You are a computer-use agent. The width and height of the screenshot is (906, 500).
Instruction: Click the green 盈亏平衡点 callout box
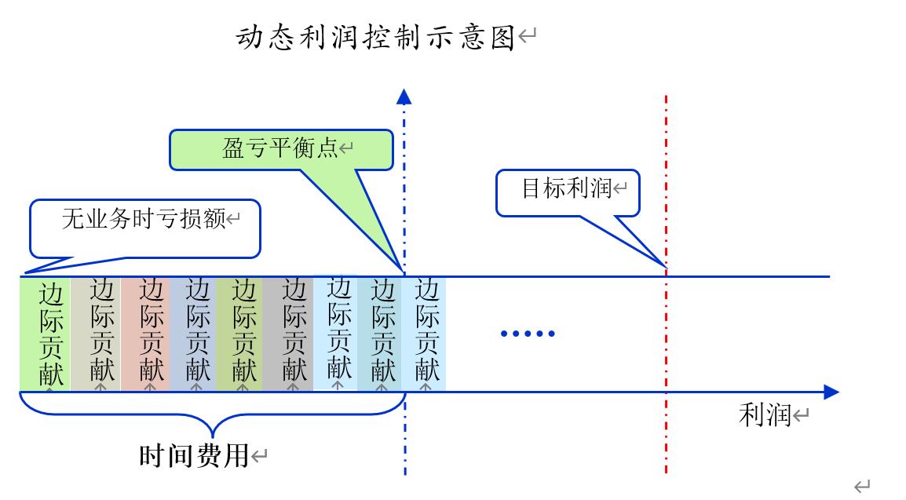(281, 149)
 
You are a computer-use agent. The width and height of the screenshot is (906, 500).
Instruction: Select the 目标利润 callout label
(567, 188)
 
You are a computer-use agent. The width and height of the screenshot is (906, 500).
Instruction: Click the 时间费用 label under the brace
(194, 455)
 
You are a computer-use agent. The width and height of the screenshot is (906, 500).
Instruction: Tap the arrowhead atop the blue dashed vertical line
(404, 97)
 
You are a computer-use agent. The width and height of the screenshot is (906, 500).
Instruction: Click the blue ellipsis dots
(528, 334)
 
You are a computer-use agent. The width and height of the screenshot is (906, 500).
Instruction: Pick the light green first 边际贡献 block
(46, 334)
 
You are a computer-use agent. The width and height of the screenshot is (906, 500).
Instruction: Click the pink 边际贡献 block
(146, 334)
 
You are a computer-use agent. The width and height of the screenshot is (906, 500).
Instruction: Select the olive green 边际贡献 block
(240, 334)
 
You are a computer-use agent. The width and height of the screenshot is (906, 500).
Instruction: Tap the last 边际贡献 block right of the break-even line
(425, 334)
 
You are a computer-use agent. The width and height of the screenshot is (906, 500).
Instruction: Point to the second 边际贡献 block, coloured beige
(96, 334)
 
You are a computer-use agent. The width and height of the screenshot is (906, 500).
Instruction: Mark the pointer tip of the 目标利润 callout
(665, 267)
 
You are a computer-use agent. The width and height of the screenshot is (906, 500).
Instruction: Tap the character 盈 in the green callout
(233, 149)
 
